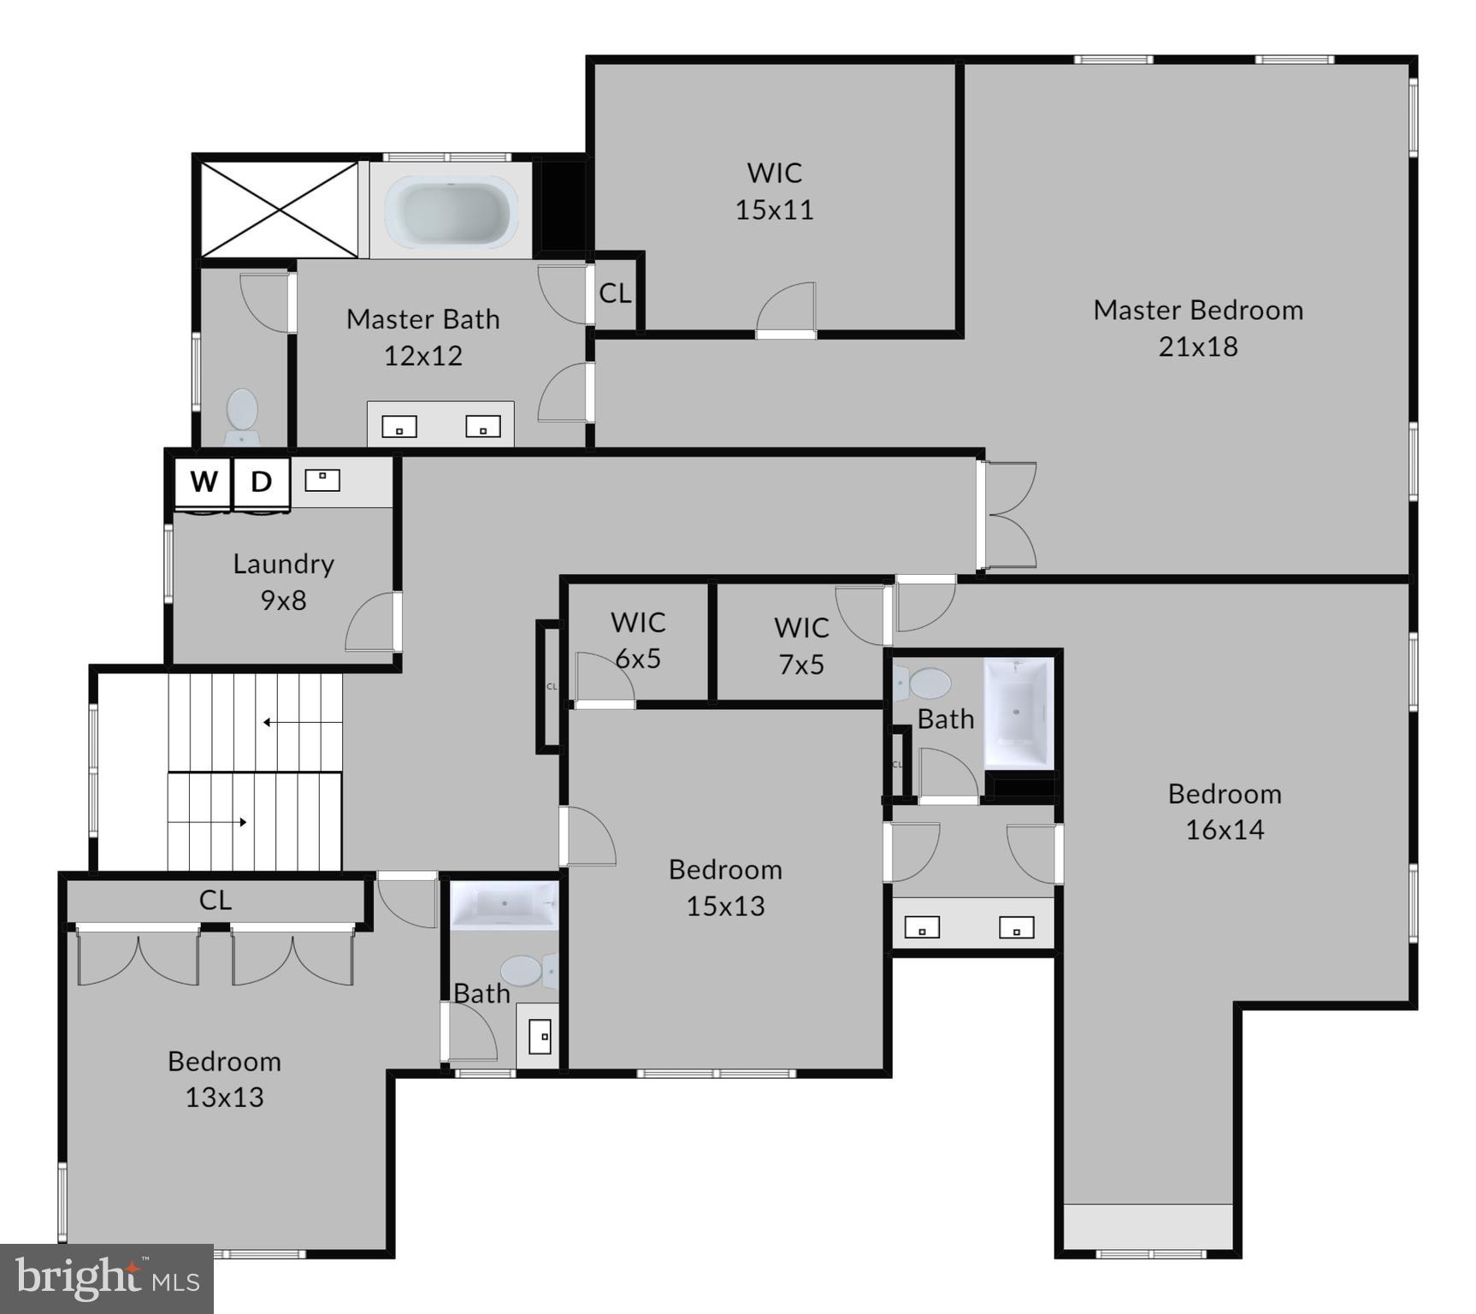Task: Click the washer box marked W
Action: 204,482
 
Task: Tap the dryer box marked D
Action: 261,482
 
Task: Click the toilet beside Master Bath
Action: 242,415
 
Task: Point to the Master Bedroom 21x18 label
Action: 1198,328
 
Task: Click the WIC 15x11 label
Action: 775,191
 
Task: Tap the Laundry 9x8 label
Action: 283,582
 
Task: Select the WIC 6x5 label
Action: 638,640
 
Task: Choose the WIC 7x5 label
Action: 801,645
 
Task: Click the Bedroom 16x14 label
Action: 1225,811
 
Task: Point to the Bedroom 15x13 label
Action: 725,887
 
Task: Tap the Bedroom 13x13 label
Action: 224,1079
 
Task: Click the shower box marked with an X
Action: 280,210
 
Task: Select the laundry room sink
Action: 322,480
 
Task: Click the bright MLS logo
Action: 106,1279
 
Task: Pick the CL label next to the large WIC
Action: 615,293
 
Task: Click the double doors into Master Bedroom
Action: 1007,516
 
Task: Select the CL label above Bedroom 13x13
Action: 215,900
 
